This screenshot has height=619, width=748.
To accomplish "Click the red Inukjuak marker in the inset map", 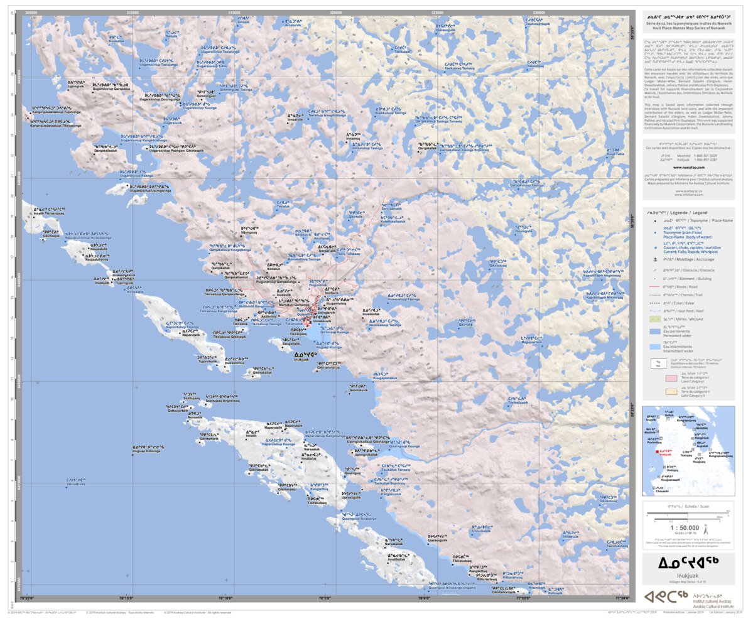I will pyautogui.click(x=658, y=451).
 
